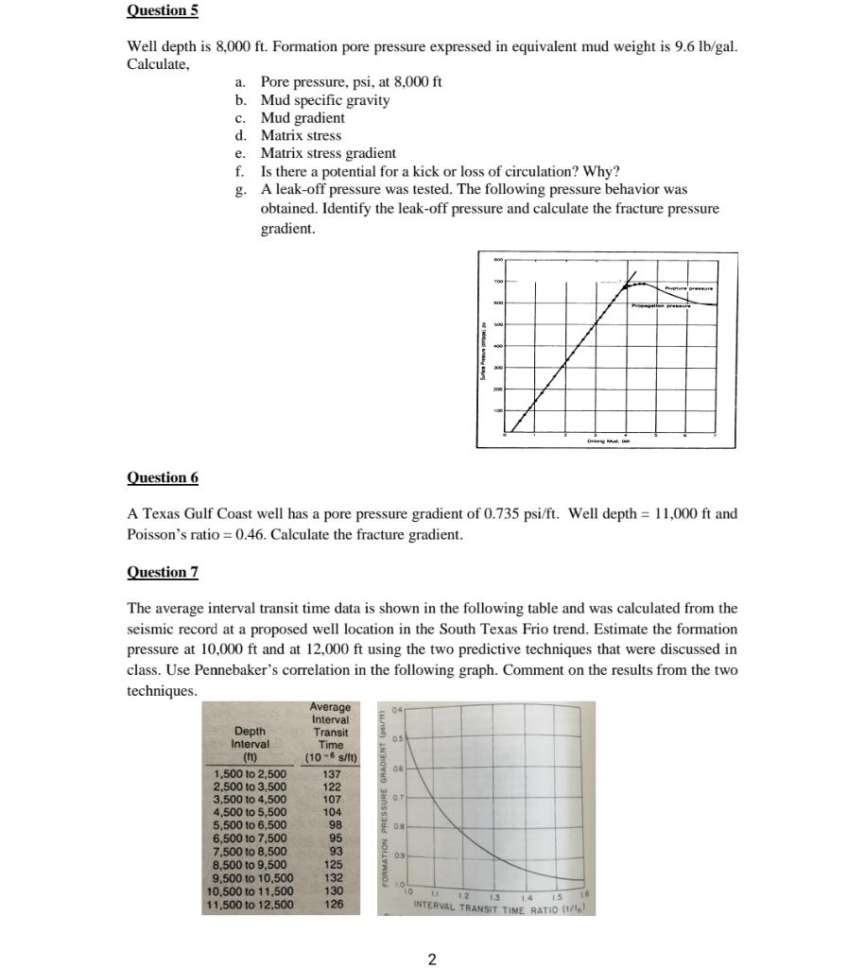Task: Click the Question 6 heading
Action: tap(163, 477)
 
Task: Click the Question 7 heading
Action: tap(163, 572)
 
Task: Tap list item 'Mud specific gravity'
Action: tap(324, 100)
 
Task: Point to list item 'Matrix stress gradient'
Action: tap(328, 153)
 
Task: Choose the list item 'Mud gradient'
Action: tap(303, 118)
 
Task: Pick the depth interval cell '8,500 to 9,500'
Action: tap(251, 863)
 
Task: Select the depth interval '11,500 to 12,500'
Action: tap(251, 905)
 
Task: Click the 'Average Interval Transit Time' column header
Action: tap(330, 733)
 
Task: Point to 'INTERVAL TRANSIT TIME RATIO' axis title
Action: tap(488, 908)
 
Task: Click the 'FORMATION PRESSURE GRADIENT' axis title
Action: tap(386, 808)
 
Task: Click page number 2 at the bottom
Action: tap(432, 960)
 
